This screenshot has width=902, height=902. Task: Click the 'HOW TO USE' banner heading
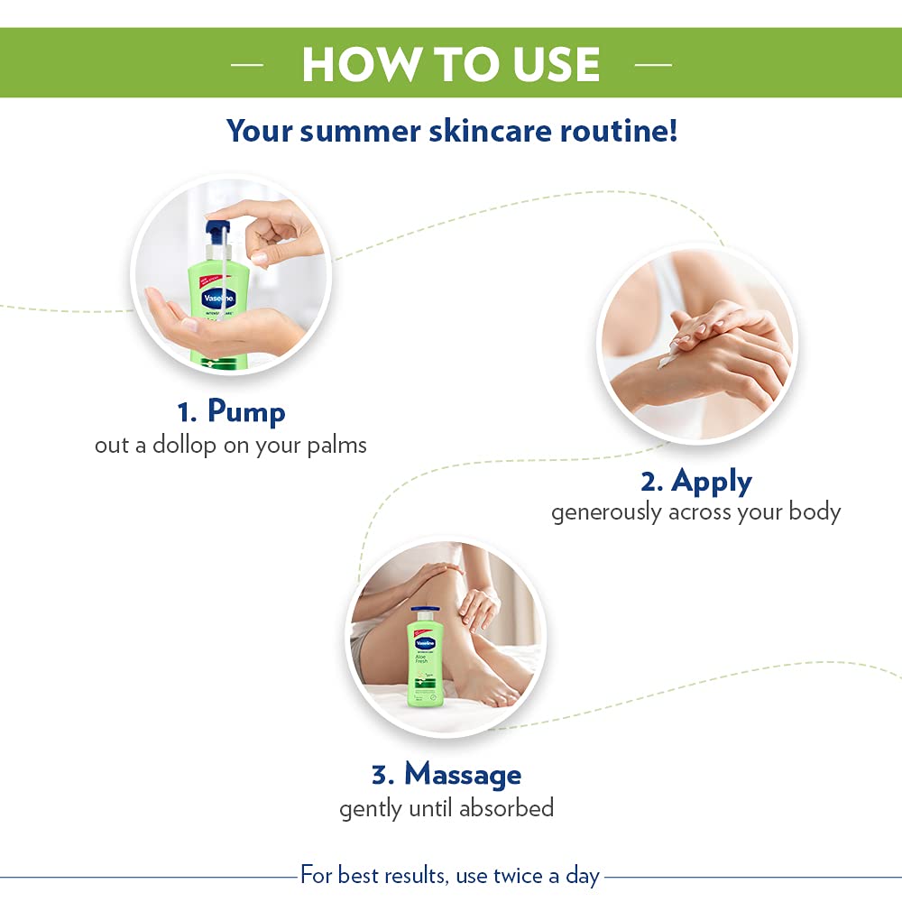click(x=451, y=64)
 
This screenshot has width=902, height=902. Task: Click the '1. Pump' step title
click(x=231, y=412)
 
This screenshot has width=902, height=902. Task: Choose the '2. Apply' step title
click(x=695, y=481)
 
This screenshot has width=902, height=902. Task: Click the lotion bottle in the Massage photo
click(x=426, y=667)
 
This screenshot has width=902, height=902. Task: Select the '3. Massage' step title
click(x=446, y=774)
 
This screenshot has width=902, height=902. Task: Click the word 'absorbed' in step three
click(x=506, y=807)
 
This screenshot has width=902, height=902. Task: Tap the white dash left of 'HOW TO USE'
click(x=246, y=65)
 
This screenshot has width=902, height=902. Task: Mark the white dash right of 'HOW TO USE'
click(x=653, y=65)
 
